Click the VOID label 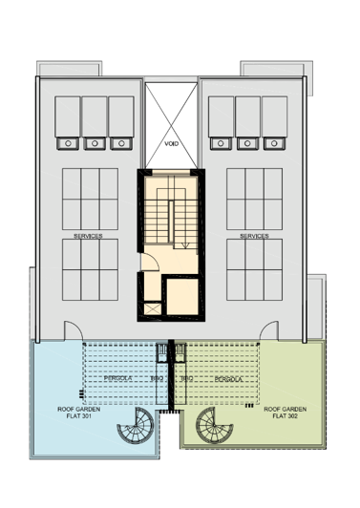click(172, 143)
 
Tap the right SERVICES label click(254, 235)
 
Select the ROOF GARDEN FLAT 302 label click(285, 412)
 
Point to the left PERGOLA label click(116, 379)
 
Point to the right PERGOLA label click(227, 379)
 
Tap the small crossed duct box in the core click(151, 308)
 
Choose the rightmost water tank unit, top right click(274, 124)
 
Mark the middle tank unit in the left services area click(94, 124)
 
